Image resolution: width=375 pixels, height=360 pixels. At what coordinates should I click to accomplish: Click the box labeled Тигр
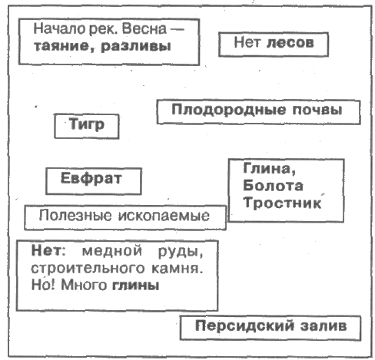[87, 126]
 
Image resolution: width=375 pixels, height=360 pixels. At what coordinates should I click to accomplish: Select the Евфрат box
[94, 181]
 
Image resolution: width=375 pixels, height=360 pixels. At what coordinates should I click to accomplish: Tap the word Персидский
[244, 326]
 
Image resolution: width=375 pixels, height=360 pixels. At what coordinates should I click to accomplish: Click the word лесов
[290, 43]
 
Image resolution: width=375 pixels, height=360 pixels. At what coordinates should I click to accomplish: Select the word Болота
[273, 186]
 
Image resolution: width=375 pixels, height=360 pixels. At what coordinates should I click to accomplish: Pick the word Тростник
[282, 203]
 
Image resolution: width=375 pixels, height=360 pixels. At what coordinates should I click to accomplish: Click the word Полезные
[75, 216]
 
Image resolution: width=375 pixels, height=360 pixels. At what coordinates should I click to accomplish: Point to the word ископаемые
[164, 216]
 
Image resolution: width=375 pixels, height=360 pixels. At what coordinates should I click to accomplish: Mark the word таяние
[65, 46]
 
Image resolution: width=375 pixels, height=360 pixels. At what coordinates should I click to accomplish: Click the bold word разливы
[136, 47]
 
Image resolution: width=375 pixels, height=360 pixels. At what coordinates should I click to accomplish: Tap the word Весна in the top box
[144, 28]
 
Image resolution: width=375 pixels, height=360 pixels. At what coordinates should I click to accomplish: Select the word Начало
[60, 28]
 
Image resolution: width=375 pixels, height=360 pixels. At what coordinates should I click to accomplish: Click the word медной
[112, 250]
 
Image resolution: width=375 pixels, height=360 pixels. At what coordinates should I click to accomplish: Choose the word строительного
[88, 269]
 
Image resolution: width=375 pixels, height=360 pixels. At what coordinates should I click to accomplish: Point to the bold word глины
[136, 285]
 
